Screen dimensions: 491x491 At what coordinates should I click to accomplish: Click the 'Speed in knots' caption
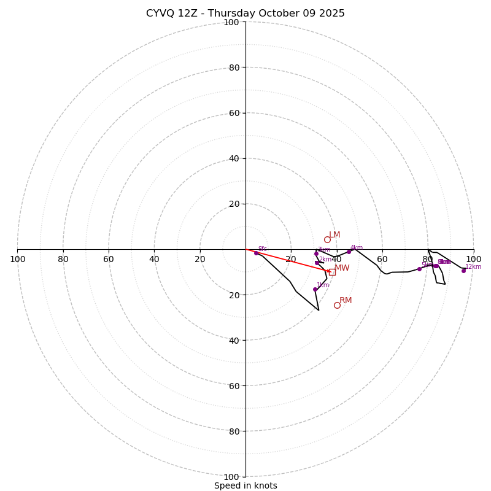[x=245, y=485]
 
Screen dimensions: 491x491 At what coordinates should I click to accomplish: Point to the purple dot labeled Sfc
[x=256, y=253]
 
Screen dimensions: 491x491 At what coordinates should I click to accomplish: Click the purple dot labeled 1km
[x=315, y=289]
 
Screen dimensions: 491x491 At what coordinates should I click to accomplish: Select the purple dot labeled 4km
[x=349, y=252]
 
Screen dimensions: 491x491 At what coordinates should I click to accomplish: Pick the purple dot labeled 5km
[x=419, y=269]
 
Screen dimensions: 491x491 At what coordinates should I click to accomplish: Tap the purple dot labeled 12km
[x=463, y=271]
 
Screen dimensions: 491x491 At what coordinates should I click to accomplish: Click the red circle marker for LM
[x=327, y=239]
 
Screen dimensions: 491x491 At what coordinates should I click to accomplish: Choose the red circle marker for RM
[x=337, y=305]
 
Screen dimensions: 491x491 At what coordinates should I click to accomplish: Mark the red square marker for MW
[x=332, y=272]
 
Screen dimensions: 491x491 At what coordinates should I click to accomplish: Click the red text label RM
[x=346, y=300]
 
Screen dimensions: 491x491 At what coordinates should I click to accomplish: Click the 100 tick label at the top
[x=231, y=22]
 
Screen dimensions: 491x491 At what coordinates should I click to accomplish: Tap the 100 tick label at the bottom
[x=231, y=477]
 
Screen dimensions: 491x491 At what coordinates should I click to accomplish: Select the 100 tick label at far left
[x=17, y=259]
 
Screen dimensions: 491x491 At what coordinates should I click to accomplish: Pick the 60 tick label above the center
[x=234, y=113]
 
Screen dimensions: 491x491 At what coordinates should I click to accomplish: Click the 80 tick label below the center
[x=234, y=431]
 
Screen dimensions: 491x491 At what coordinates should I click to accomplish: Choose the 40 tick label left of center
[x=154, y=259]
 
